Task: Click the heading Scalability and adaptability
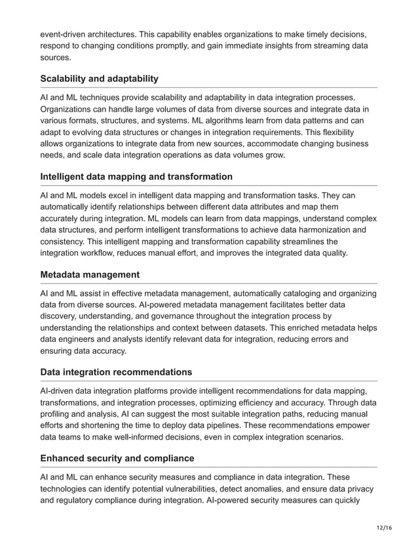coord(99,79)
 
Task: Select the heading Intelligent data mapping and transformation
coord(136,177)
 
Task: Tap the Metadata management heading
coord(90,274)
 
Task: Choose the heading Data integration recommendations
coord(116,372)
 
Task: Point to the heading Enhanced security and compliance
coord(117,458)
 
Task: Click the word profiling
coord(57,414)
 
